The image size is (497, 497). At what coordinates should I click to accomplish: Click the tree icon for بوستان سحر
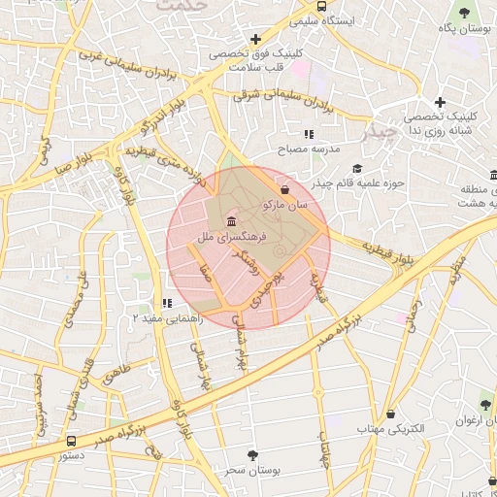[x=253, y=454]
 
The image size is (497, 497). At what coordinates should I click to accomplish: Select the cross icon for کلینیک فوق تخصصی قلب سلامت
[x=254, y=40]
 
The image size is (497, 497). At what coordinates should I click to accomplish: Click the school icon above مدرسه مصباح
[x=309, y=134]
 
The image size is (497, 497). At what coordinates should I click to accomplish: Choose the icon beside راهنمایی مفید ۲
[x=168, y=304]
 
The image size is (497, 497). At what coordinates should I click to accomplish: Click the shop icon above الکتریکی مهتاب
[x=390, y=414]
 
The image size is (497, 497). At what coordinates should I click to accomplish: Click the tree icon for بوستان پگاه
[x=464, y=13]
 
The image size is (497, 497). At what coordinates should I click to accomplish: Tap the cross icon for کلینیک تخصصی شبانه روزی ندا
[x=440, y=102]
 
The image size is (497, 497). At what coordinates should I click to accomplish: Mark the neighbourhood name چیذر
[x=377, y=129]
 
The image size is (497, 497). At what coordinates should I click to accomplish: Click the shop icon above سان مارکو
[x=284, y=189]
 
